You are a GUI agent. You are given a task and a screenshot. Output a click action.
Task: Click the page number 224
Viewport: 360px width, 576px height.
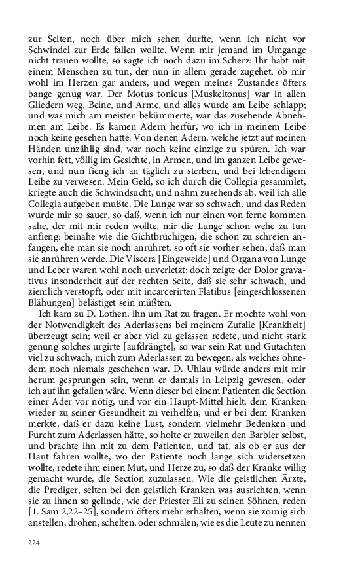(34, 543)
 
